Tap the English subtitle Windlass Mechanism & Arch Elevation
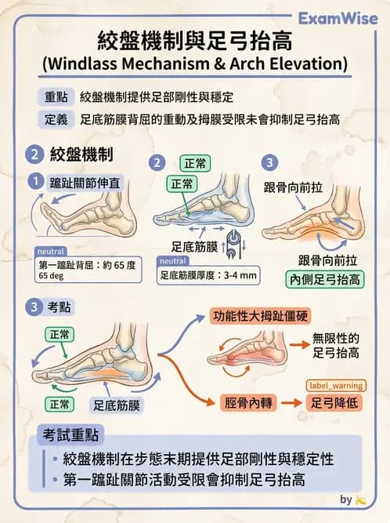195,62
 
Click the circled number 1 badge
34,181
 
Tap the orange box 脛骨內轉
243,401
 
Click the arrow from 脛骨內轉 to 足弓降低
290,402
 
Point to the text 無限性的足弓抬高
335,346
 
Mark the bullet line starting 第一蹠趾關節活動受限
184,479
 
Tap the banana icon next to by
361,499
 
